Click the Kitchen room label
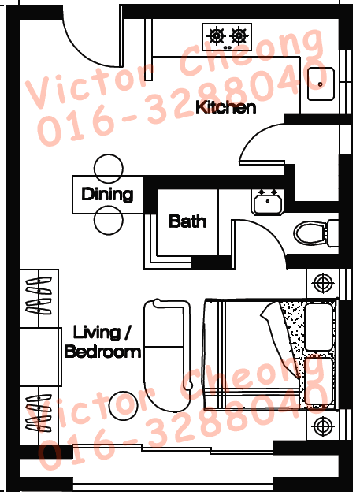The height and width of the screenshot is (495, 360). point(225,107)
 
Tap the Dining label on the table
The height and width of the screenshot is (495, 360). point(107,194)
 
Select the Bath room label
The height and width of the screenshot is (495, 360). point(187,221)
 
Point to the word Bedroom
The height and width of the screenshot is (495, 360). point(102,352)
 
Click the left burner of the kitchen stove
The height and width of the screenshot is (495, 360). point(217,35)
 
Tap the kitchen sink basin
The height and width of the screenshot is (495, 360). point(321,84)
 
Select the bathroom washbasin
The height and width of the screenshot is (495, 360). point(268,202)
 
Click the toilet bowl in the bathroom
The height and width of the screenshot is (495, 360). point(310,233)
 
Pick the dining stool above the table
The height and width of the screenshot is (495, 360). point(108,169)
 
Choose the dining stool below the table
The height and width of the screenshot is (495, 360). point(108,221)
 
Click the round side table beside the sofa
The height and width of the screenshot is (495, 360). point(124,406)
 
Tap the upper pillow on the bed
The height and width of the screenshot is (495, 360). point(319,327)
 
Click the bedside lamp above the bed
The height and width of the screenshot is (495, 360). point(322,283)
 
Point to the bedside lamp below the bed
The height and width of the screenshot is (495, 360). point(322,426)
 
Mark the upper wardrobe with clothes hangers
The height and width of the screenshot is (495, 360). point(39,298)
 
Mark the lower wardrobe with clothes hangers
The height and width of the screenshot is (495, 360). point(39,415)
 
